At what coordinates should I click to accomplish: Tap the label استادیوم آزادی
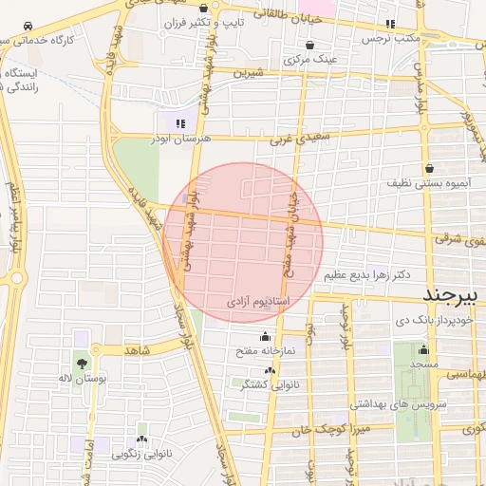click(x=257, y=301)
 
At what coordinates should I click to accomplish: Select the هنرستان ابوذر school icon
click(x=180, y=122)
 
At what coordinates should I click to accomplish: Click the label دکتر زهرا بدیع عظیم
click(x=366, y=275)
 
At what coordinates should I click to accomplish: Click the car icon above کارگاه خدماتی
click(x=30, y=24)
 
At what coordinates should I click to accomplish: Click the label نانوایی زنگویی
click(x=143, y=454)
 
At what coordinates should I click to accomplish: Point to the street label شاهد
click(x=138, y=350)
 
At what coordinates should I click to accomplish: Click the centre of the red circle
click(x=243, y=242)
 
